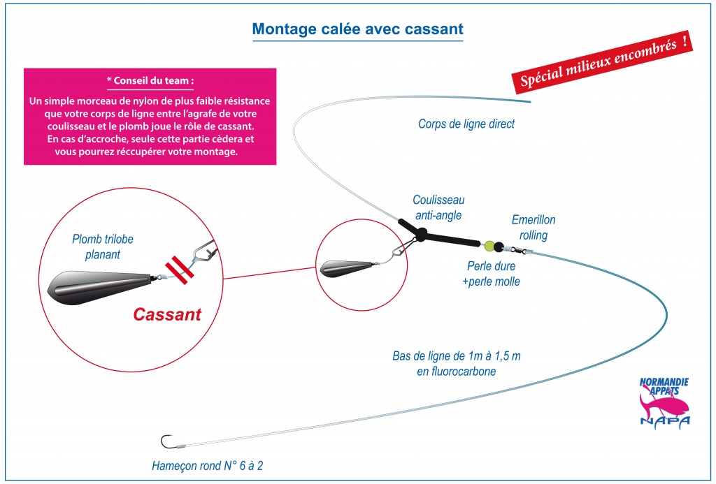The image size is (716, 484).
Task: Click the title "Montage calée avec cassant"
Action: (x=357, y=29)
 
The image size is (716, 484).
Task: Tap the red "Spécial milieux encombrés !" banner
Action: (x=602, y=62)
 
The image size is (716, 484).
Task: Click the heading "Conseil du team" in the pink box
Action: (x=150, y=81)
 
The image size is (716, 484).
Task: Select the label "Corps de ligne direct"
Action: (x=466, y=124)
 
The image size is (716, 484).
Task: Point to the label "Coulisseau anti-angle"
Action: (x=438, y=207)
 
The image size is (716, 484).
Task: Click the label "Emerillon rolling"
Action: (x=534, y=227)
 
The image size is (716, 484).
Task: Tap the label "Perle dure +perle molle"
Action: (x=491, y=274)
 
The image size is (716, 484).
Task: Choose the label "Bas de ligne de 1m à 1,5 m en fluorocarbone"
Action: (x=456, y=364)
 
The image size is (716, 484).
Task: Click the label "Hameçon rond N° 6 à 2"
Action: (x=207, y=466)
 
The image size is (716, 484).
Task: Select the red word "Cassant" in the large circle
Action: (x=167, y=314)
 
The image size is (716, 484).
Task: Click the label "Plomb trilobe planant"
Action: (x=103, y=247)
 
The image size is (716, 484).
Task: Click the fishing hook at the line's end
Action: (x=166, y=441)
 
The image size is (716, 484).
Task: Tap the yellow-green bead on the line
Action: (x=489, y=247)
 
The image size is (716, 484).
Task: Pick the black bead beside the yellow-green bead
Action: (x=499, y=247)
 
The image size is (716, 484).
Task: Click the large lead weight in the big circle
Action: (x=100, y=287)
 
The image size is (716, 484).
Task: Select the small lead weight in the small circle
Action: (x=347, y=268)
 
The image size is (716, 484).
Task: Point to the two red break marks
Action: (x=180, y=270)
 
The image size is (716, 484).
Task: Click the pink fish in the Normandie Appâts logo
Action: (x=664, y=404)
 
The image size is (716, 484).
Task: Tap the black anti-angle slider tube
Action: (x=438, y=234)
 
